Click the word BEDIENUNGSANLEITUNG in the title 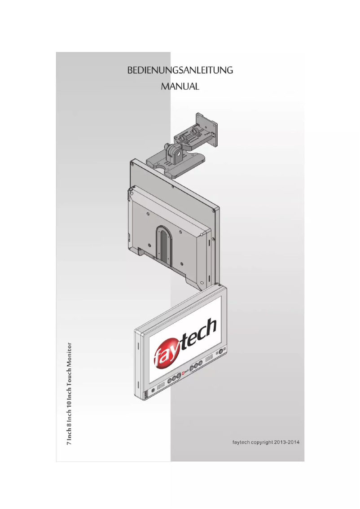coord(180,70)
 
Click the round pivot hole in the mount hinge coord(179,154)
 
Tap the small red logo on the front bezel coord(184,372)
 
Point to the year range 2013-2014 coord(287,442)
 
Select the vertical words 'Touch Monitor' coord(70,364)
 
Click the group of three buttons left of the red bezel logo coord(174,378)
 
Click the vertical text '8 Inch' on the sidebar coord(70,420)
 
